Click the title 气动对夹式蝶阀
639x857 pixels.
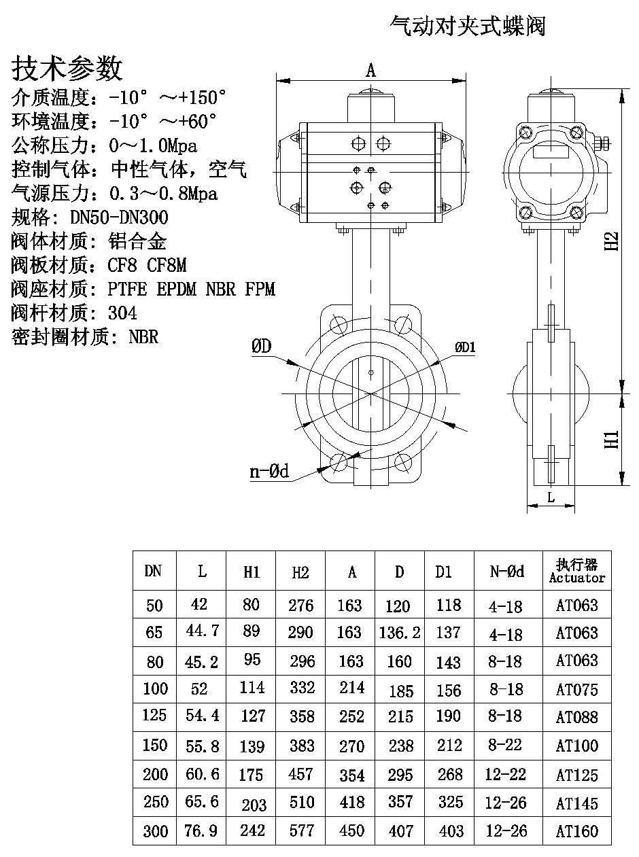(467, 27)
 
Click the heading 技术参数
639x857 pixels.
(67, 69)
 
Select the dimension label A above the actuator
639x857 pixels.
(371, 70)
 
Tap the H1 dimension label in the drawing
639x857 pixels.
(612, 438)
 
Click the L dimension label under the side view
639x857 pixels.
(551, 497)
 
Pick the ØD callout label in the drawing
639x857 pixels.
(262, 347)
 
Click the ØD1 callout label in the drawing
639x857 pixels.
(466, 347)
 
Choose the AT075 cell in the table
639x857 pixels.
(576, 690)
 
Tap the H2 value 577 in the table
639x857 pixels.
(300, 830)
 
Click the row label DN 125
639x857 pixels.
(155, 716)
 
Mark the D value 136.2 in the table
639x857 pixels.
(400, 633)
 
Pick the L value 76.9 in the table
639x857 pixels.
(202, 830)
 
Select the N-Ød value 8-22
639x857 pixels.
(506, 746)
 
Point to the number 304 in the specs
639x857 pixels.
(122, 313)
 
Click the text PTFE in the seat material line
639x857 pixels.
(128, 290)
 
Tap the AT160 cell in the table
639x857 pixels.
(576, 830)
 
